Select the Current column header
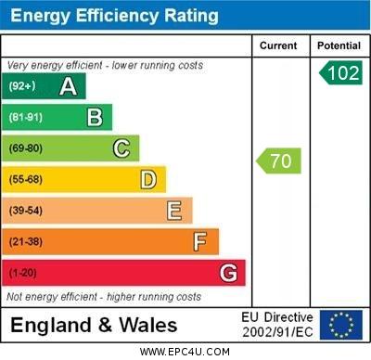click(x=278, y=45)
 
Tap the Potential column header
click(x=339, y=45)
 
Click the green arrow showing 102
click(x=340, y=73)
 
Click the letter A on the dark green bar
click(x=68, y=87)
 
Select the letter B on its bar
click(x=95, y=117)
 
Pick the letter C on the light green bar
click(x=121, y=148)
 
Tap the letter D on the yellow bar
click(x=147, y=179)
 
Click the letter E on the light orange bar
click(x=174, y=212)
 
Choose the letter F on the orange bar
click(x=200, y=242)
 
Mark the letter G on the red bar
click(x=228, y=274)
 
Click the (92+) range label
click(x=22, y=87)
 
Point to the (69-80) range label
click(x=26, y=148)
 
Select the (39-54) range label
click(x=26, y=212)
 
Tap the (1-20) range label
click(x=23, y=274)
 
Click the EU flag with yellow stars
click(x=340, y=325)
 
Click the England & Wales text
click(x=94, y=326)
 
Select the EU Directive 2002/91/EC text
click(x=277, y=325)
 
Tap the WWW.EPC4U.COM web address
click(x=185, y=352)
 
